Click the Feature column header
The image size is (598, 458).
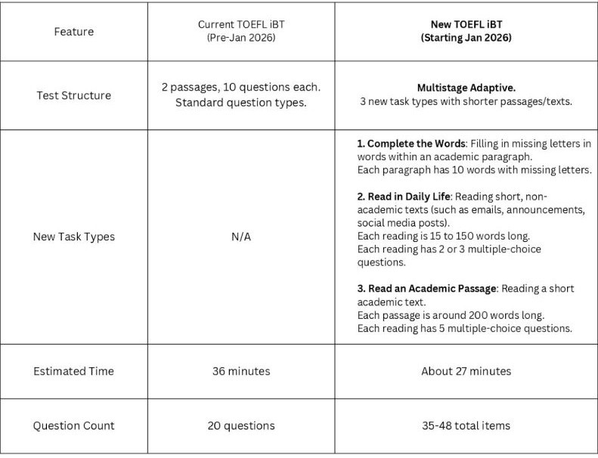(74, 32)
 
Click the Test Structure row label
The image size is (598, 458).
(74, 95)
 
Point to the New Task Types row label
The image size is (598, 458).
(74, 237)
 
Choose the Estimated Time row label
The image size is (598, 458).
(74, 371)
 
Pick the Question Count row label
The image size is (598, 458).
(74, 426)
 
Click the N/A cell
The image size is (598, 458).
(240, 237)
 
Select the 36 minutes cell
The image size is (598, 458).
(240, 371)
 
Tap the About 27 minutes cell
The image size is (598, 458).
(466, 371)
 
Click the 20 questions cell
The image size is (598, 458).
(240, 426)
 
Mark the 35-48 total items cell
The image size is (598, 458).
(466, 426)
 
